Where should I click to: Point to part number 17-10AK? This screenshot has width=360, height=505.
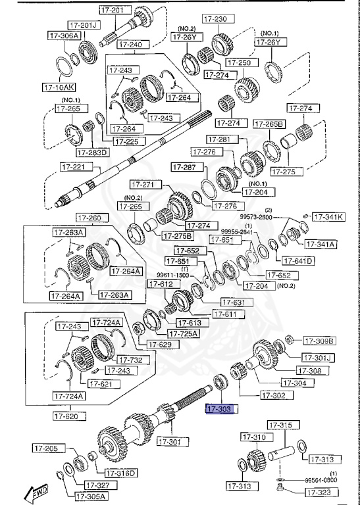coord(59,86)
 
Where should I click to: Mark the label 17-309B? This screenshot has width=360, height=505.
coord(319,341)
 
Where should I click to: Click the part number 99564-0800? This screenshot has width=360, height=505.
coord(322,481)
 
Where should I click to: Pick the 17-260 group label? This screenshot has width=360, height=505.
coord(91,218)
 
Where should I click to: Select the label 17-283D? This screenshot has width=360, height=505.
coord(92,153)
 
